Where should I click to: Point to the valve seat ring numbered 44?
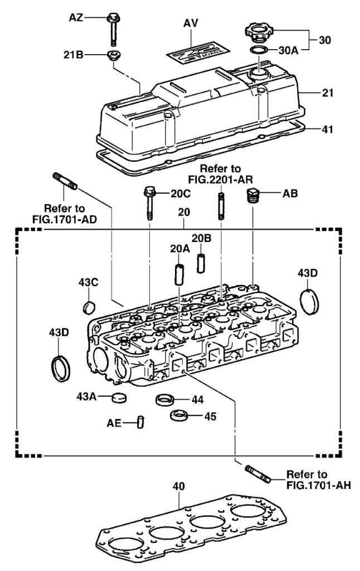[166, 400]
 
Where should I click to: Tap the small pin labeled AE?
[141, 422]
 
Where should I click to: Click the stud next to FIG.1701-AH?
[257, 473]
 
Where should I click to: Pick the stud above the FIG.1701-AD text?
[65, 182]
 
